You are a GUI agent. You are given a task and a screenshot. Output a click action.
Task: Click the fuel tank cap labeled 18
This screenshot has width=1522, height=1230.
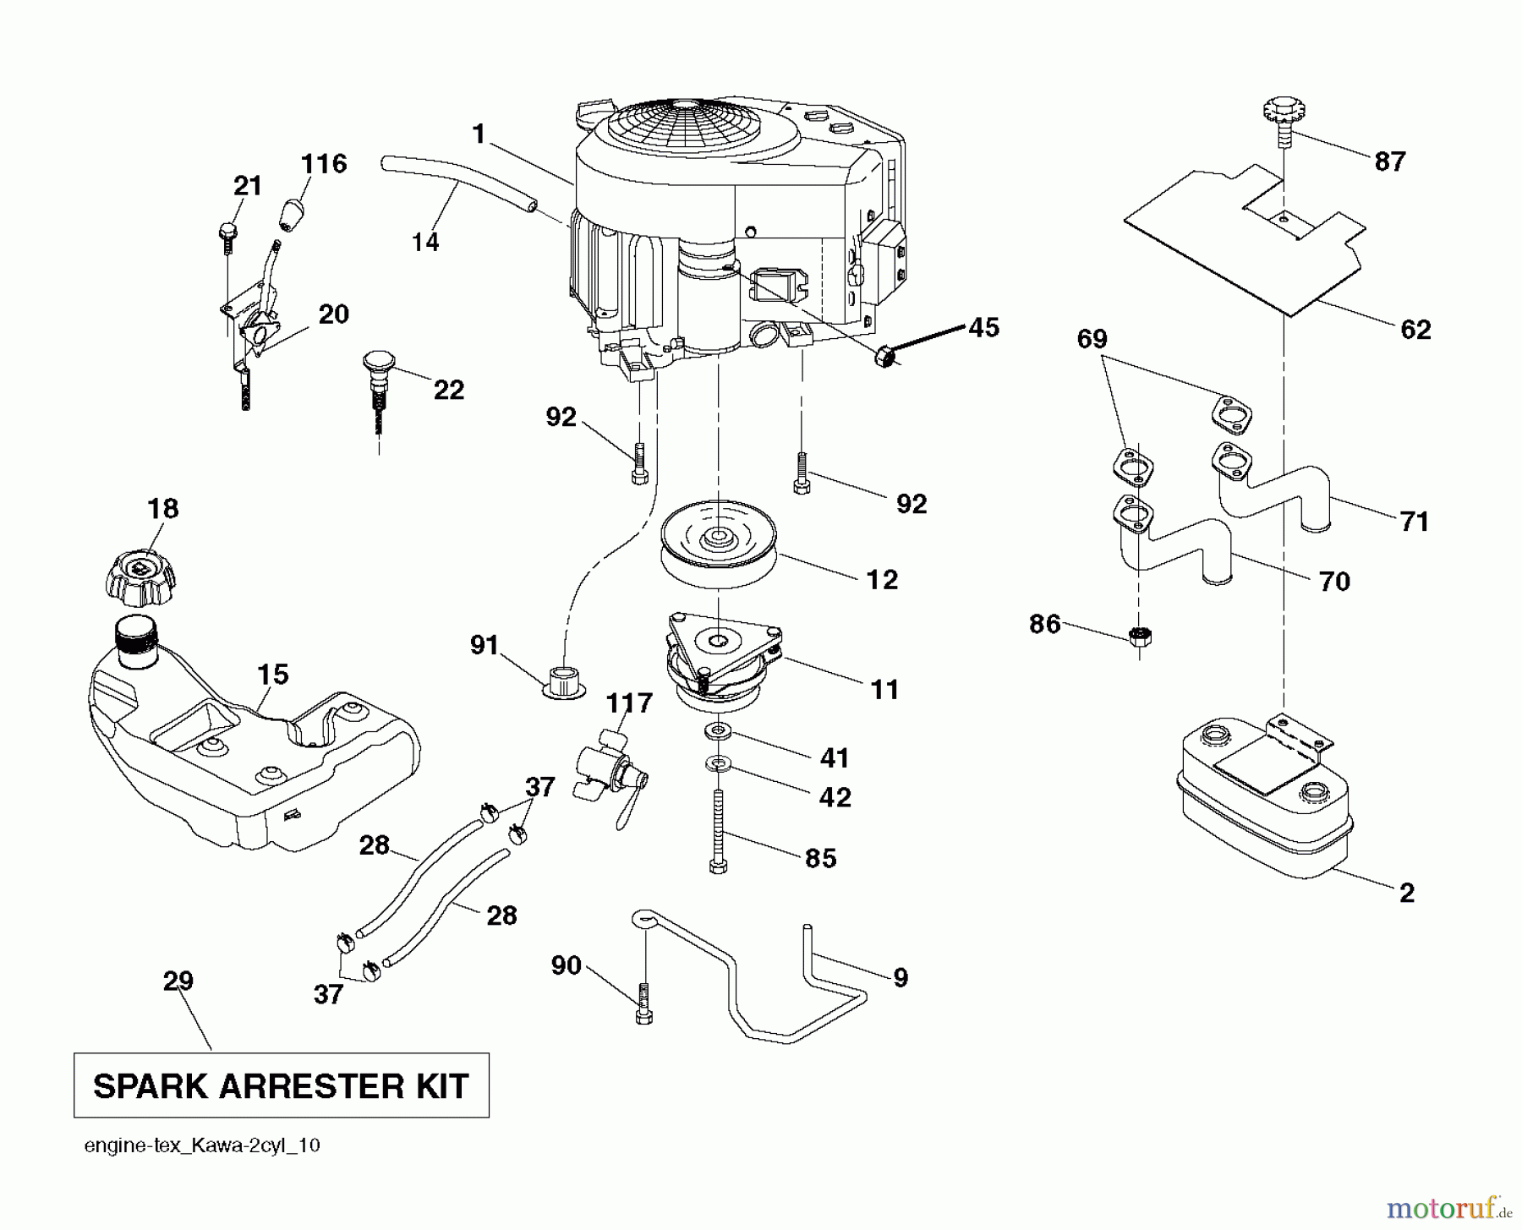click(141, 577)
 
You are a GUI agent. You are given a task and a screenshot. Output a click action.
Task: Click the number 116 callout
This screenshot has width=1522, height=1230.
click(324, 163)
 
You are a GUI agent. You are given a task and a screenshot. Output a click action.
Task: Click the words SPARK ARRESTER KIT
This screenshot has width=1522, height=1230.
click(281, 1086)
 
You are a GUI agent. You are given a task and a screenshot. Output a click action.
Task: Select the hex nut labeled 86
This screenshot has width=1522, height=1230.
click(1141, 636)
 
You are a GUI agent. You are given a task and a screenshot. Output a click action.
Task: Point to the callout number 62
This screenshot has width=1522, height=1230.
click(1415, 329)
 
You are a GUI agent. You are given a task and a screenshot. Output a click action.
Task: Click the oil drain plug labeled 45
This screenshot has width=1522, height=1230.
click(884, 358)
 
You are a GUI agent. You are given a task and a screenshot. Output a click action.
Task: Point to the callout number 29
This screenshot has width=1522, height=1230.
click(178, 981)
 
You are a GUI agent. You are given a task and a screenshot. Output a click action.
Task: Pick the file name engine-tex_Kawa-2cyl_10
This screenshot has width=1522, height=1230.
click(202, 1146)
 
